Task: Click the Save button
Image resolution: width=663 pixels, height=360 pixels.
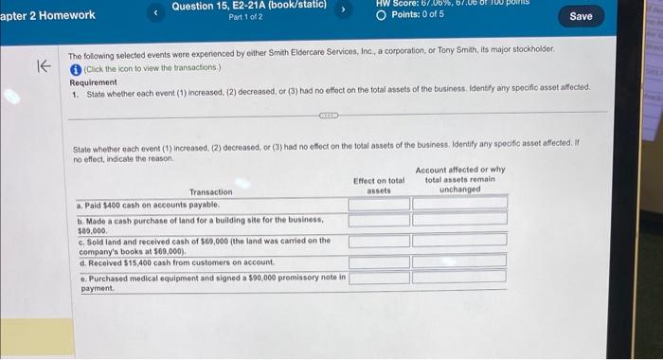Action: click(x=582, y=16)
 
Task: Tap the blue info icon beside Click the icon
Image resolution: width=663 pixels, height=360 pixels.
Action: click(x=75, y=69)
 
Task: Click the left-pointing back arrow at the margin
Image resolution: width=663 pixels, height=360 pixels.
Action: click(x=42, y=65)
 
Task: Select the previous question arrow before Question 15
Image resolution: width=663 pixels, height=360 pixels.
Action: click(x=156, y=14)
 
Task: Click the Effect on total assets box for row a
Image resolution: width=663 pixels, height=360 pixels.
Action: click(x=379, y=203)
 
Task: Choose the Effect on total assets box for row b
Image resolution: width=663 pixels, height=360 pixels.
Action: click(x=379, y=221)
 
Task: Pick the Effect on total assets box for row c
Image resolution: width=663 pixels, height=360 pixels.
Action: click(x=379, y=242)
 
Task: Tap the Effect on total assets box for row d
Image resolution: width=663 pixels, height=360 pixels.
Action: click(x=379, y=261)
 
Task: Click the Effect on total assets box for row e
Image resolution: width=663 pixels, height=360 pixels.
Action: click(x=379, y=277)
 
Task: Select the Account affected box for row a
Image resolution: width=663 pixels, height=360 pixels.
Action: click(x=459, y=203)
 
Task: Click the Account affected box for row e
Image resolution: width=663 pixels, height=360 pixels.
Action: click(x=459, y=277)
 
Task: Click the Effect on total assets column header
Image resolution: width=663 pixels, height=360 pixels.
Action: click(x=379, y=185)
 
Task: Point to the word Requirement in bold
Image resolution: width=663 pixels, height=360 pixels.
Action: click(x=94, y=82)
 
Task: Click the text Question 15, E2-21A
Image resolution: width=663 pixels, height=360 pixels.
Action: click(x=248, y=6)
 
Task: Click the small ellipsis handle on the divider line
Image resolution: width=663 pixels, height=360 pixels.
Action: click(x=329, y=112)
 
